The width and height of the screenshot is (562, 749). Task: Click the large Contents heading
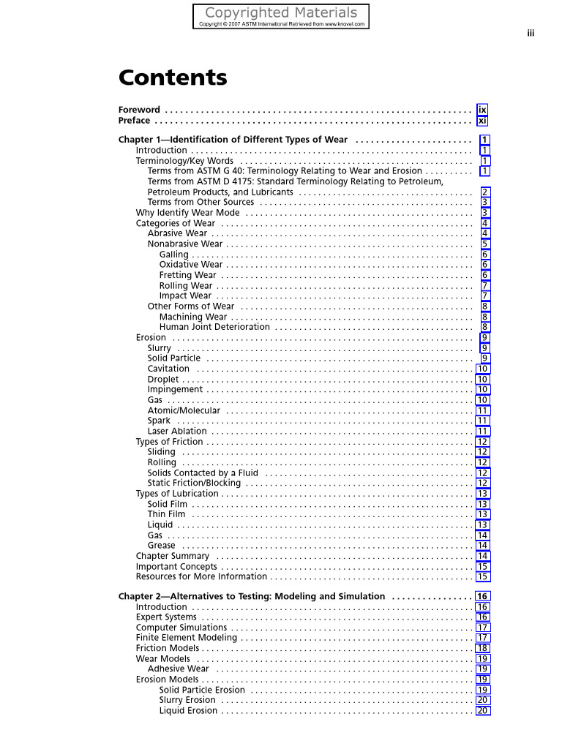pyautogui.click(x=173, y=78)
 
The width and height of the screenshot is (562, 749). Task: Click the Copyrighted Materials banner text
pyautogui.click(x=281, y=12)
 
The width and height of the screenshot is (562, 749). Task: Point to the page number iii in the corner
pyautogui.click(x=531, y=33)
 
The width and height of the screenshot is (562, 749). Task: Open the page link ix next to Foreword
pyautogui.click(x=482, y=110)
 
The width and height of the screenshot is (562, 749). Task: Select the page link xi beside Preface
pyautogui.click(x=482, y=121)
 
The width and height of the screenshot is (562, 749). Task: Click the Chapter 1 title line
pyautogui.click(x=233, y=140)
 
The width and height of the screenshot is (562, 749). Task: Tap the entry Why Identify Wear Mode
pyautogui.click(x=187, y=213)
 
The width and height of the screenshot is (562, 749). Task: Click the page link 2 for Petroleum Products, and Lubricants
pyautogui.click(x=484, y=192)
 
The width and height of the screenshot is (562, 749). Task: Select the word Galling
pyautogui.click(x=173, y=255)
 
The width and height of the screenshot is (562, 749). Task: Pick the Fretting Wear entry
pyautogui.click(x=187, y=275)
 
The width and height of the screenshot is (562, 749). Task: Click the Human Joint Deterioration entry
pyautogui.click(x=214, y=327)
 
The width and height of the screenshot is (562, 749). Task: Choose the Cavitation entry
pyautogui.click(x=168, y=369)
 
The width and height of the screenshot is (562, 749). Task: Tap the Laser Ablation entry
pyautogui.click(x=177, y=432)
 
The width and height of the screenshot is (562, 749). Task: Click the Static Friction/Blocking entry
pyautogui.click(x=194, y=483)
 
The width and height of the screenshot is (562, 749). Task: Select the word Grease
pyautogui.click(x=161, y=546)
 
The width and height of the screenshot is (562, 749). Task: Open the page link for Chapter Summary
pyautogui.click(x=483, y=556)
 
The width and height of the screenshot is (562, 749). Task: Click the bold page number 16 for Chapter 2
pyautogui.click(x=482, y=596)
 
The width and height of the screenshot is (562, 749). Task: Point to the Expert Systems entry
pyautogui.click(x=166, y=617)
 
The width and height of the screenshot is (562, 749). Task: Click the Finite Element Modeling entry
pyautogui.click(x=187, y=638)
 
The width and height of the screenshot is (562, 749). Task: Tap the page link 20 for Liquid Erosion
pyautogui.click(x=483, y=711)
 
